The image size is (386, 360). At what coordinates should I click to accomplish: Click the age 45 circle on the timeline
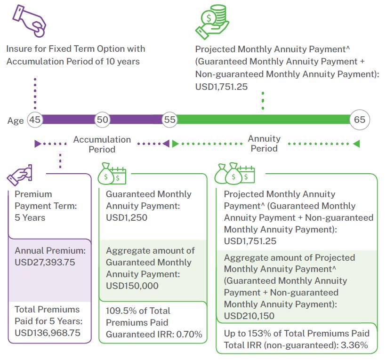(35, 120)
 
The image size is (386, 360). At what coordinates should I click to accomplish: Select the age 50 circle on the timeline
(102, 120)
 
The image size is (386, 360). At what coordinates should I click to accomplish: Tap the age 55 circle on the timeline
(169, 120)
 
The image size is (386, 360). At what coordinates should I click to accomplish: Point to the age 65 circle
(360, 120)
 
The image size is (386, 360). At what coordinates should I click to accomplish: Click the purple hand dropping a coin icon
(29, 21)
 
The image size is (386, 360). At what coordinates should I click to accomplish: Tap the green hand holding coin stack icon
(212, 22)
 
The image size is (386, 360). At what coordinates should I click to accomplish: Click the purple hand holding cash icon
(19, 175)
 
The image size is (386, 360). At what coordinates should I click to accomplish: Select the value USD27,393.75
(45, 262)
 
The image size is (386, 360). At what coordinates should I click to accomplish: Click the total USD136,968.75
(48, 333)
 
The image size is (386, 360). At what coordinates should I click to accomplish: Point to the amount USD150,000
(132, 286)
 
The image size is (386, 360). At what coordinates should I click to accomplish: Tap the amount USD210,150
(249, 316)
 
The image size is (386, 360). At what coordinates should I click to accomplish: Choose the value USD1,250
(127, 218)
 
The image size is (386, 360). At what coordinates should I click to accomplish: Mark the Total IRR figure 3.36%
(354, 345)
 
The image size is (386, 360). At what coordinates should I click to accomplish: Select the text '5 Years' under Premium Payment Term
(30, 218)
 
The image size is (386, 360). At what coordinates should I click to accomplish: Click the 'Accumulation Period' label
(102, 144)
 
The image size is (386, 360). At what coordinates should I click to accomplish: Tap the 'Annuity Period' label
(264, 144)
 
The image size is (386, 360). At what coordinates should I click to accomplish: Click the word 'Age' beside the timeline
(16, 121)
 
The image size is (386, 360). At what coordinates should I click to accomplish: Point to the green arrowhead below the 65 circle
(356, 144)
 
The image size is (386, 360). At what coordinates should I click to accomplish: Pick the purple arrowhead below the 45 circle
(38, 144)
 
